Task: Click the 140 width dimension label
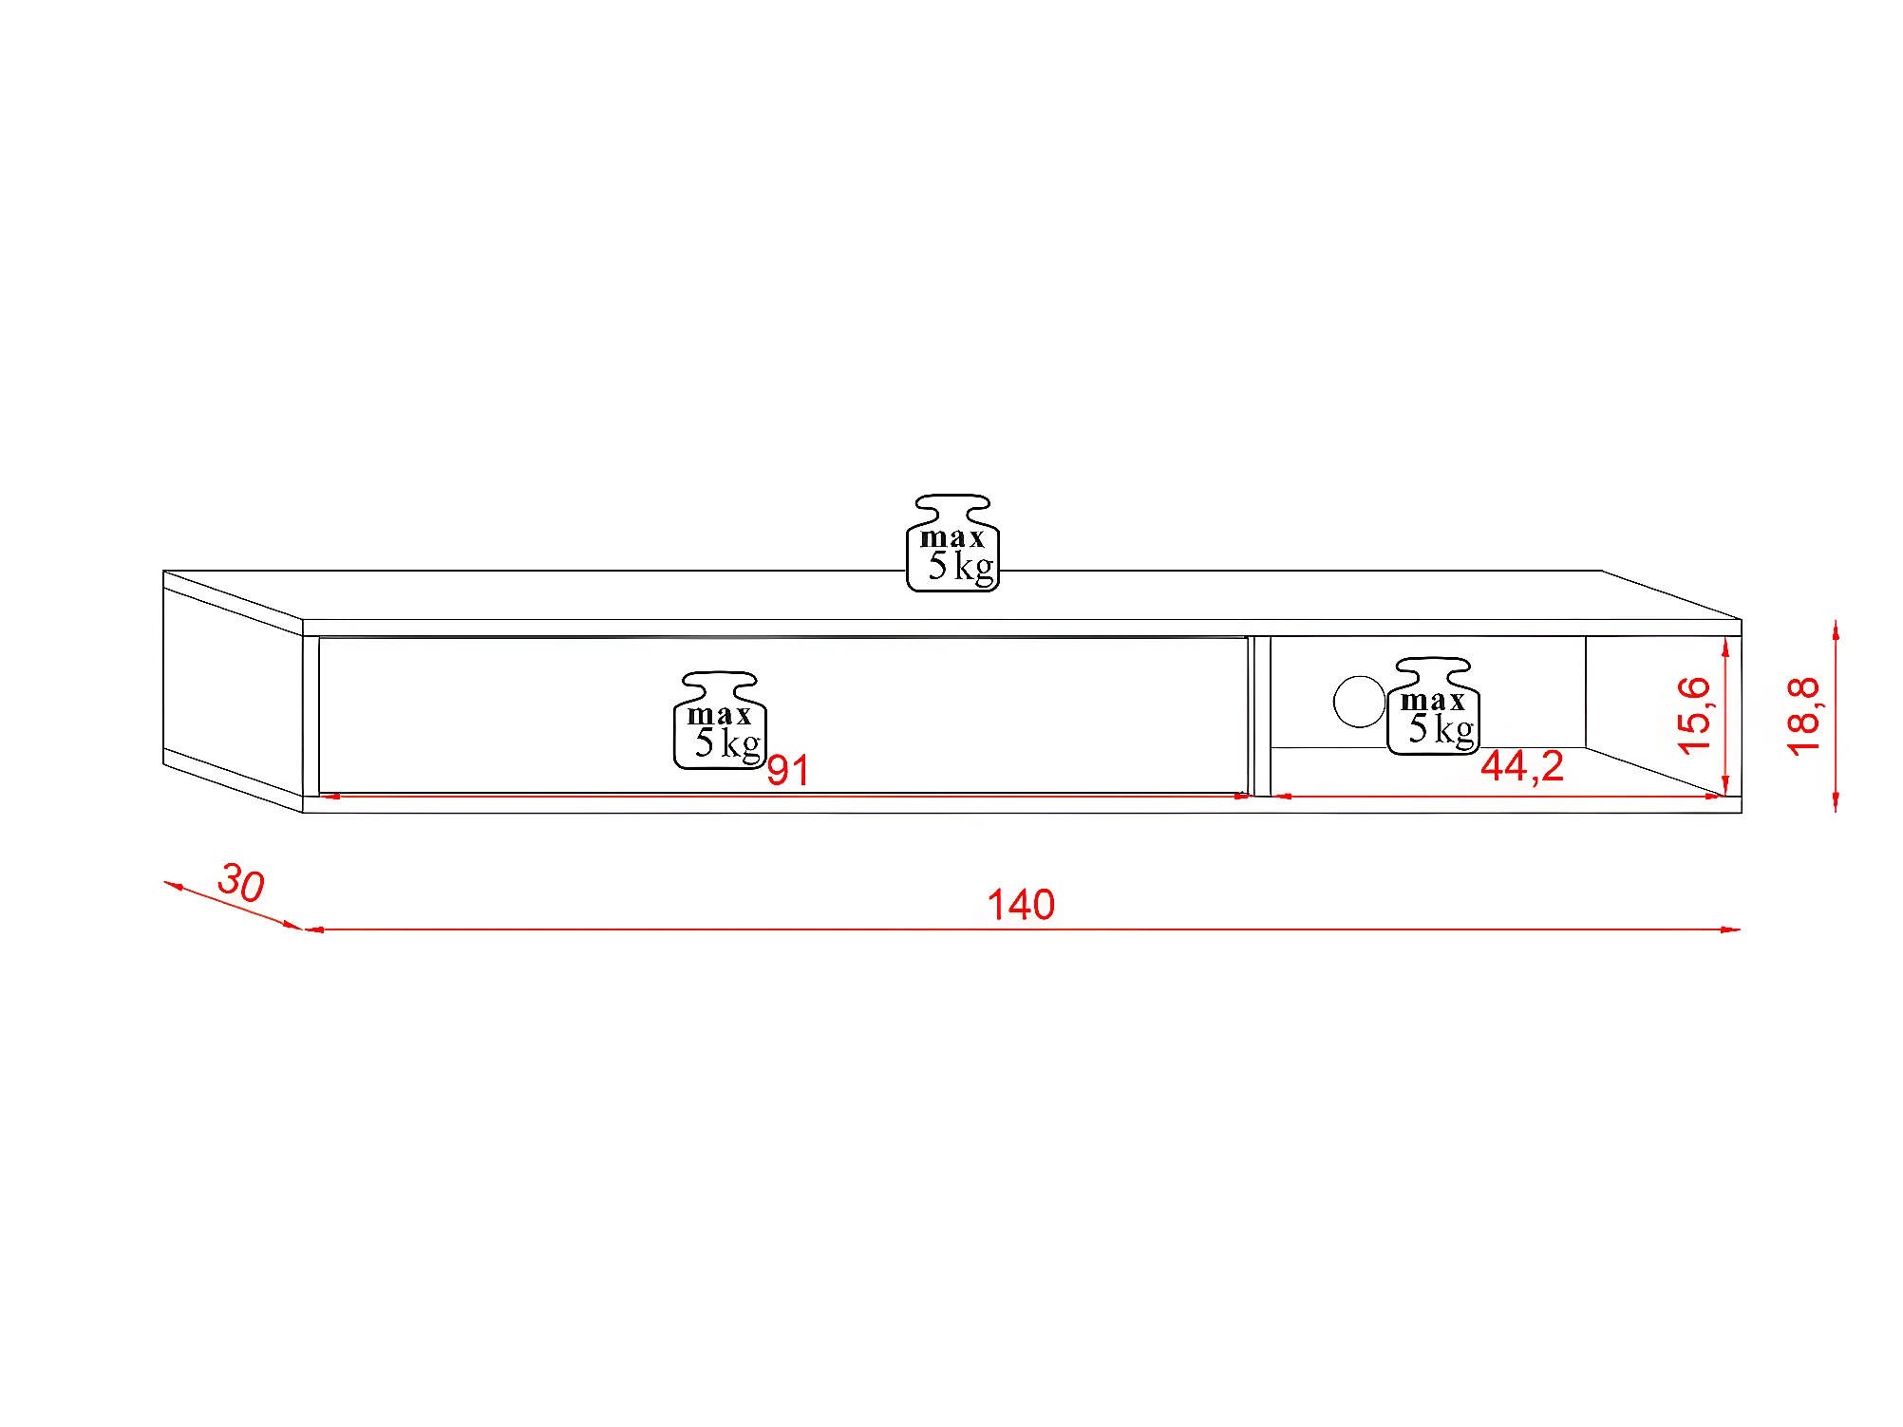click(x=1021, y=905)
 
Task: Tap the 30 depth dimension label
click(x=241, y=883)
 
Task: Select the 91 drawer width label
click(x=788, y=770)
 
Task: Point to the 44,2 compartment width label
click(x=1521, y=766)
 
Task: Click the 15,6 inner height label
click(x=1693, y=716)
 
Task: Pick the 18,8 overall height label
click(x=1802, y=716)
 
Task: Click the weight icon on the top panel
click(x=952, y=543)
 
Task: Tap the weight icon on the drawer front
click(x=720, y=721)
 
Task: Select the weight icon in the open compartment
click(x=1433, y=706)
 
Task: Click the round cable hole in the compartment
click(x=1359, y=702)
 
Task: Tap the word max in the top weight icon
click(x=951, y=537)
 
